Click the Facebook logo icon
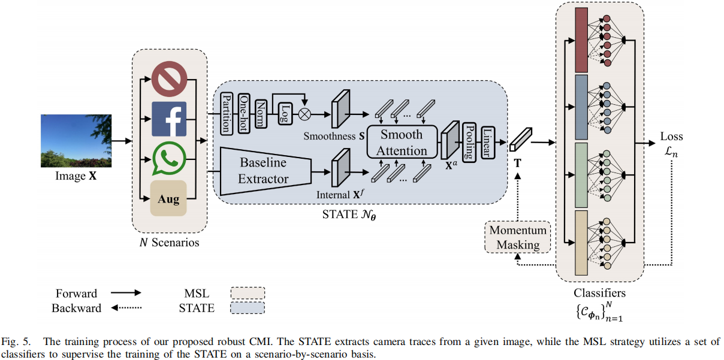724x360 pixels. tap(168, 119)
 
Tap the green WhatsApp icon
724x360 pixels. tap(168, 158)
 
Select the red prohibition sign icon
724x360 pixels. tap(168, 80)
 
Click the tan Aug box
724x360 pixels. tap(168, 199)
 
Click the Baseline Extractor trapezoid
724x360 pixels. tap(264, 171)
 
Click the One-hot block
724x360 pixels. tap(244, 110)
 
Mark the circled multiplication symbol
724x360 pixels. tap(306, 112)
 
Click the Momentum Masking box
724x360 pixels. tap(518, 237)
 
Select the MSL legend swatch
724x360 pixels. tap(248, 293)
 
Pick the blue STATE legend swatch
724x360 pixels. tap(248, 308)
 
